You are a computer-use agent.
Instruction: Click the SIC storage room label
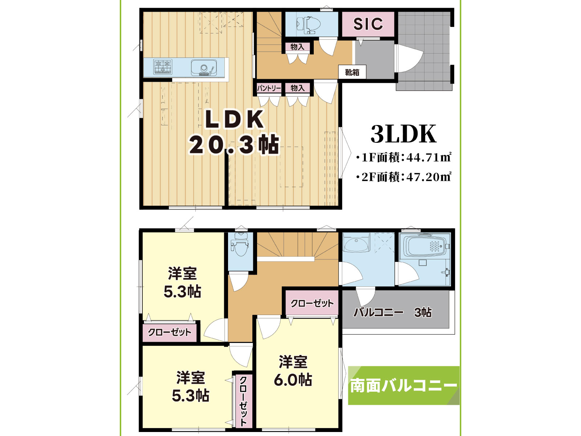pyautogui.click(x=368, y=24)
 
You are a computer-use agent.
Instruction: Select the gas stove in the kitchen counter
pyautogui.click(x=163, y=67)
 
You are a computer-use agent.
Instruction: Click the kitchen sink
pyautogui.click(x=203, y=68)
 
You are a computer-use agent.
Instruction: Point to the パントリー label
pyautogui.click(x=269, y=88)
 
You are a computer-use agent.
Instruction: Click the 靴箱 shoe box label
pyautogui.click(x=352, y=72)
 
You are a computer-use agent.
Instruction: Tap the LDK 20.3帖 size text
pyautogui.click(x=234, y=145)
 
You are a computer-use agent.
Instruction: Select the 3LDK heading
pyautogui.click(x=403, y=134)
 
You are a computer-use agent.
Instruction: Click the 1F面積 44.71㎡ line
pyautogui.click(x=404, y=157)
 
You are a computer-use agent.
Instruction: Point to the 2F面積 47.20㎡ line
pyautogui.click(x=404, y=177)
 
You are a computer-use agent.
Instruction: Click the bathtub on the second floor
pyautogui.click(x=424, y=246)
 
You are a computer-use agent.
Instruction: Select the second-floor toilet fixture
pyautogui.click(x=240, y=246)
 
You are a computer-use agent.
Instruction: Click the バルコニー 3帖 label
pyautogui.click(x=393, y=312)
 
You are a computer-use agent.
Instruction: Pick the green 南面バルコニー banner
pyautogui.click(x=403, y=385)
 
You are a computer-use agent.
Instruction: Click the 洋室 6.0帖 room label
pyautogui.click(x=293, y=371)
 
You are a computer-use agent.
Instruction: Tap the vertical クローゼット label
pyautogui.click(x=243, y=400)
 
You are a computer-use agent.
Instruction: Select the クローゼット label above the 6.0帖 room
pyautogui.click(x=312, y=303)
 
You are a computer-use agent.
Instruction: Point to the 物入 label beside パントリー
pyautogui.click(x=297, y=88)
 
